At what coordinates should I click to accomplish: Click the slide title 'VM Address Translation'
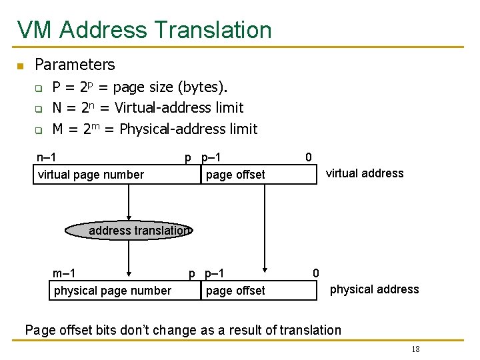145,30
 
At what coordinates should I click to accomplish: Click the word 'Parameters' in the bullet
75,65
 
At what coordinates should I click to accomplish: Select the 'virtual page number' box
91,175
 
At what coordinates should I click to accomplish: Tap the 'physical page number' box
112,291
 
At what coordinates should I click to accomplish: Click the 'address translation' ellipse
130,231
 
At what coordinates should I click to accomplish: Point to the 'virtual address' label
365,173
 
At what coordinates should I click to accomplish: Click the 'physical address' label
374,289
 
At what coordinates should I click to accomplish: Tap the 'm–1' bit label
64,273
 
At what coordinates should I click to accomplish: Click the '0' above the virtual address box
308,157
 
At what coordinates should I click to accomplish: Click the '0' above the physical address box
316,273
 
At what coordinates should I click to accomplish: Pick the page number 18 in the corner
415,350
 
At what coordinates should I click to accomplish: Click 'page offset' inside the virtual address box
235,175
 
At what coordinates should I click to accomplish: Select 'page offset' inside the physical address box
235,291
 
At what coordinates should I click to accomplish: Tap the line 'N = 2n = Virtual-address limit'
147,107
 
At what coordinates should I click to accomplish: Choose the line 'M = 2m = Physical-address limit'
155,129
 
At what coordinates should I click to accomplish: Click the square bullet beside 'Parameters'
20,65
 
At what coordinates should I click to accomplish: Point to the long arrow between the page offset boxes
265,227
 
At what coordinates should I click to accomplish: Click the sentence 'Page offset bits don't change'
183,330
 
